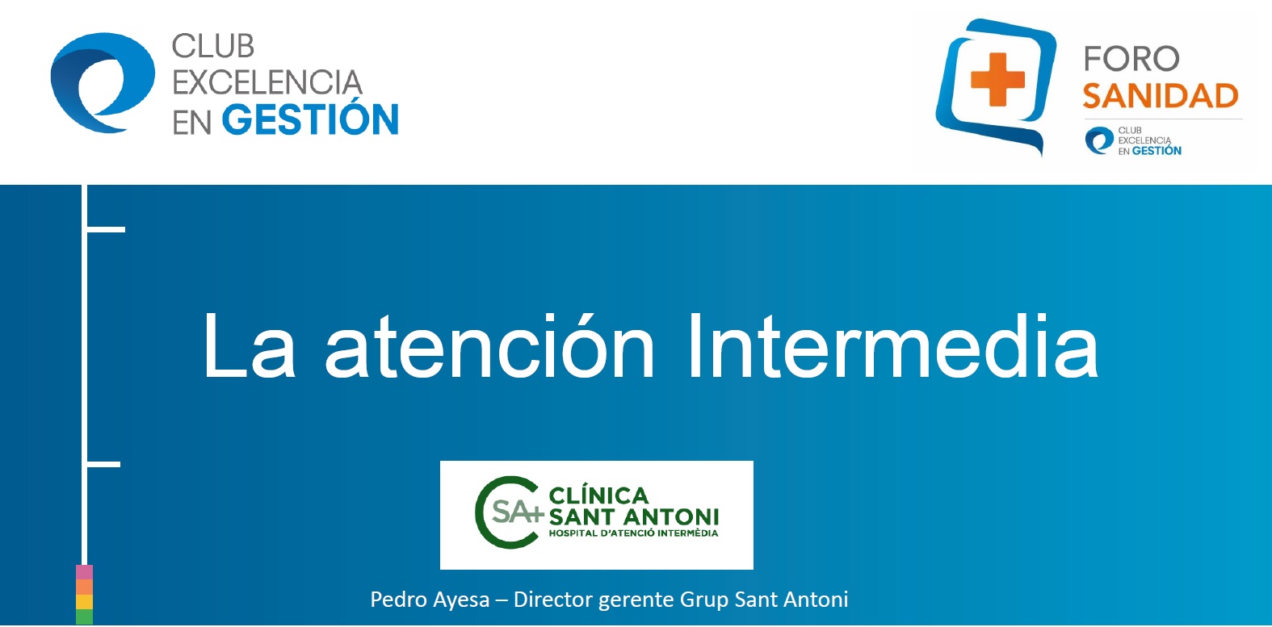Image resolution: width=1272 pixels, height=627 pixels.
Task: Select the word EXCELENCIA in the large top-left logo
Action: tap(267, 82)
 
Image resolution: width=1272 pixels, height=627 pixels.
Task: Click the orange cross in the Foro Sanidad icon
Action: tap(997, 79)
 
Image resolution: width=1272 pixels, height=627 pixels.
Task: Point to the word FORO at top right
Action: tap(1131, 59)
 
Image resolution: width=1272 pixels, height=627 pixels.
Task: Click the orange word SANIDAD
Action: tap(1160, 95)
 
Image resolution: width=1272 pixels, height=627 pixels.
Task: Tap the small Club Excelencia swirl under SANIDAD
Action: tap(1099, 140)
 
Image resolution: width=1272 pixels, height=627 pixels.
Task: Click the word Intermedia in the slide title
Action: tap(892, 345)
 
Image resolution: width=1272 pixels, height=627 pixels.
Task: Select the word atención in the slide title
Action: tap(489, 345)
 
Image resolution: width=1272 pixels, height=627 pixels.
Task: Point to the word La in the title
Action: tap(250, 345)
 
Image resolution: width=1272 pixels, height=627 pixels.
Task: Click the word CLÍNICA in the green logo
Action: tap(598, 495)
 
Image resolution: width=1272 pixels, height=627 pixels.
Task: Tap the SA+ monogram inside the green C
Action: tap(518, 512)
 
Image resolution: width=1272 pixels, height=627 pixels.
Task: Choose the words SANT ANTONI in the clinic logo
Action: tap(634, 517)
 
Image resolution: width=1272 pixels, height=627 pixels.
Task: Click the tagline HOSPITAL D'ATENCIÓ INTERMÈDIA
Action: tap(633, 533)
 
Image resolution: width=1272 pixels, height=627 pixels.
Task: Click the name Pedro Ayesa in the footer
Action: tap(430, 600)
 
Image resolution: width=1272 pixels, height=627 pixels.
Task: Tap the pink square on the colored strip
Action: tap(84, 572)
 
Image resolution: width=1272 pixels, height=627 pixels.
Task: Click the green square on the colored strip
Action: tap(84, 617)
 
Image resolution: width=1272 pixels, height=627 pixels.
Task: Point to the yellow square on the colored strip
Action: tap(84, 602)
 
